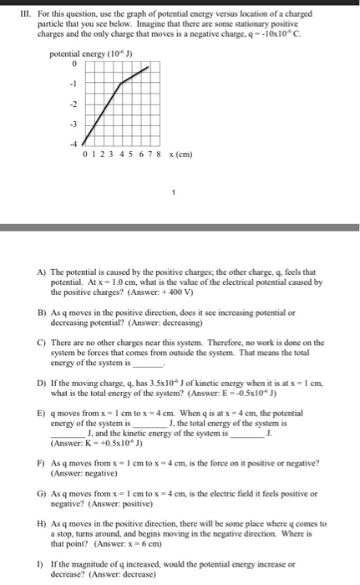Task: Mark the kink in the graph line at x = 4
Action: tap(121, 84)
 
